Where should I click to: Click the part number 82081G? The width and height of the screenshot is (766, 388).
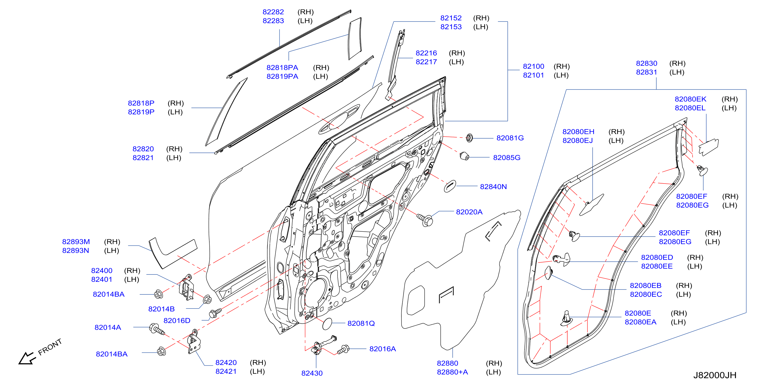coord(510,138)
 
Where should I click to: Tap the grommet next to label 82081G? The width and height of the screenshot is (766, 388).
coord(469,138)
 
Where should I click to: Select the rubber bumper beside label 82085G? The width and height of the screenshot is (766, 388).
coord(464,156)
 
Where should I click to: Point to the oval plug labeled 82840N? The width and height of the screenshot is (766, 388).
coord(450,186)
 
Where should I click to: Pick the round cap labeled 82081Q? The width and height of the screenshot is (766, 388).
coord(327,324)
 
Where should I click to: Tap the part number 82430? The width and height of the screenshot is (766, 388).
coord(312,373)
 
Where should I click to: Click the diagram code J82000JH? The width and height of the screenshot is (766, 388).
coord(715,375)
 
